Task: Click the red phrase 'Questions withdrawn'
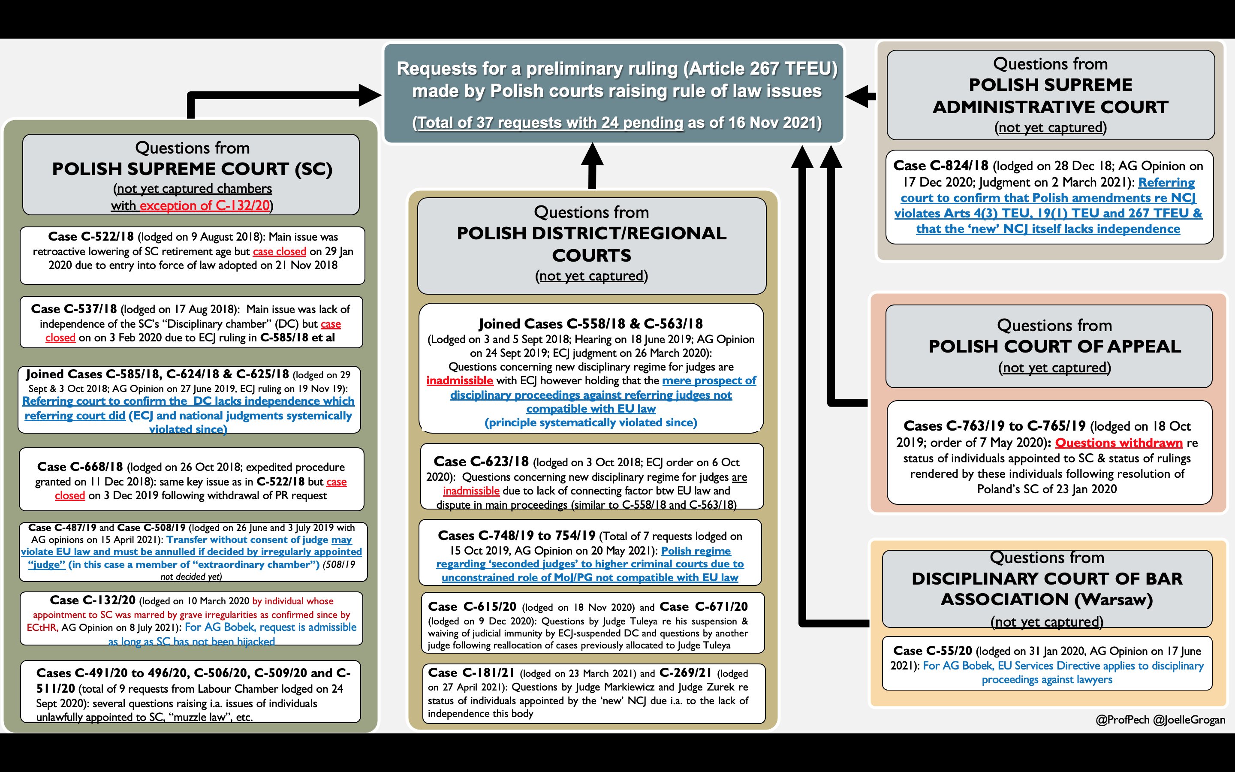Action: point(1119,443)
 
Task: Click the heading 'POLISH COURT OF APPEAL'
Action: point(1054,347)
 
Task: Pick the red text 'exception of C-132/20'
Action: point(205,206)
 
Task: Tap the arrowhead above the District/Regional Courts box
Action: point(592,155)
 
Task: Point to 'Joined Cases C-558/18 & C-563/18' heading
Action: point(590,324)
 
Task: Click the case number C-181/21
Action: point(471,673)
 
